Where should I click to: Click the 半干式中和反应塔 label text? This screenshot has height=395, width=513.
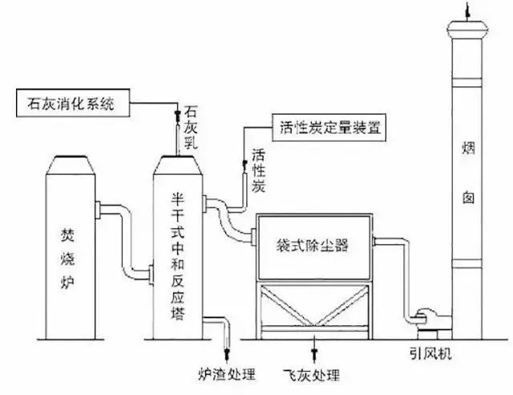(x=180, y=255)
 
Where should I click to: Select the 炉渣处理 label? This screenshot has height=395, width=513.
(x=226, y=373)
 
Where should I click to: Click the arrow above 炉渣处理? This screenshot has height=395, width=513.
(x=226, y=350)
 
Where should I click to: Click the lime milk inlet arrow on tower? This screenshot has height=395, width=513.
(x=179, y=119)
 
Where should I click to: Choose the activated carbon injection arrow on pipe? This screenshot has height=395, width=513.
(x=246, y=168)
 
